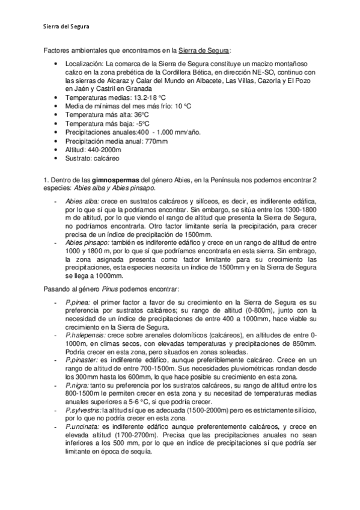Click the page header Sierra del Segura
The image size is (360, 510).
[x=68, y=26]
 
